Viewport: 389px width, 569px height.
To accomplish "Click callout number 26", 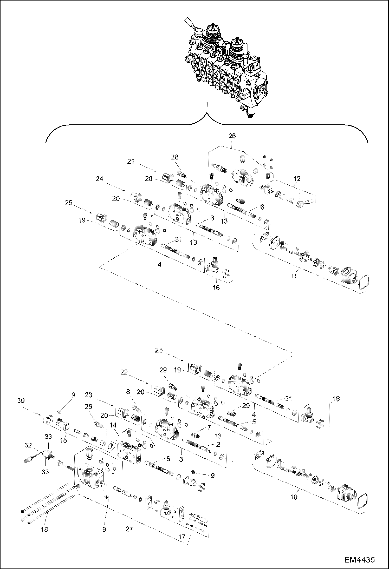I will (232, 136).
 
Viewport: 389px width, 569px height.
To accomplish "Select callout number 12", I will (297, 178).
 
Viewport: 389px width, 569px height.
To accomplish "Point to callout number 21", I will (131, 162).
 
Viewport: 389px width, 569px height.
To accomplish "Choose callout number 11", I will (293, 276).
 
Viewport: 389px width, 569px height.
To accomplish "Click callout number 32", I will (28, 445).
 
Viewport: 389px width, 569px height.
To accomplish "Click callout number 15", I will (64, 440).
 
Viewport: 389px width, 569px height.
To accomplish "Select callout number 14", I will (113, 425).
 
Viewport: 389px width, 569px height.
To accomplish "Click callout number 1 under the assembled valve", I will (206, 105).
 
